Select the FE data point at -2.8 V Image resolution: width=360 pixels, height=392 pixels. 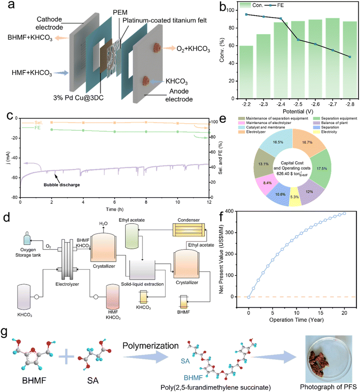pos(349,56)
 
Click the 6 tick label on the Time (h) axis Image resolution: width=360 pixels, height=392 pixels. pos(114,203)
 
